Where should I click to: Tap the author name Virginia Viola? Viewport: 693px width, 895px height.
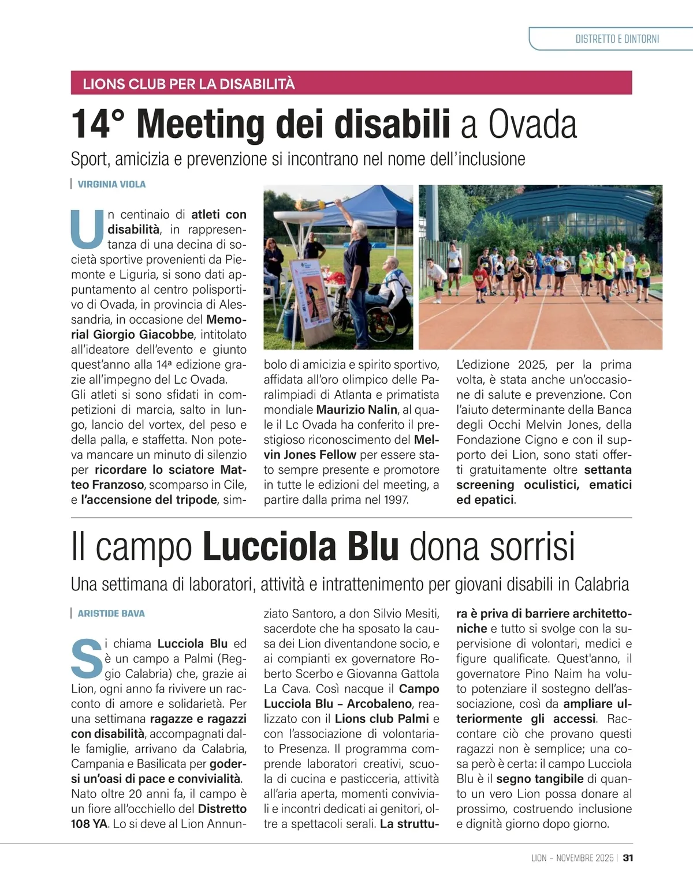111,184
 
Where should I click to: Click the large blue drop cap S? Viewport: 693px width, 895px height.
86,657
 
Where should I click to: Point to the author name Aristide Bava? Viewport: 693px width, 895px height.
111,613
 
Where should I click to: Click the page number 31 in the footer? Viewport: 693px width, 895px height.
628,857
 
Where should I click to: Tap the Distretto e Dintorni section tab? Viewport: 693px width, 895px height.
617,39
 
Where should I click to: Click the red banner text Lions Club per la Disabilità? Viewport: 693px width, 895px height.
189,84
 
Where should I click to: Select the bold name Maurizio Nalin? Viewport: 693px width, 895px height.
357,410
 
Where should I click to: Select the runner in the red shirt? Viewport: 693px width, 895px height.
478,279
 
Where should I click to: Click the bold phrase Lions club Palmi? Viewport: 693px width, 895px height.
382,718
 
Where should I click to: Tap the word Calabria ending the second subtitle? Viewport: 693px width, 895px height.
601,584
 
